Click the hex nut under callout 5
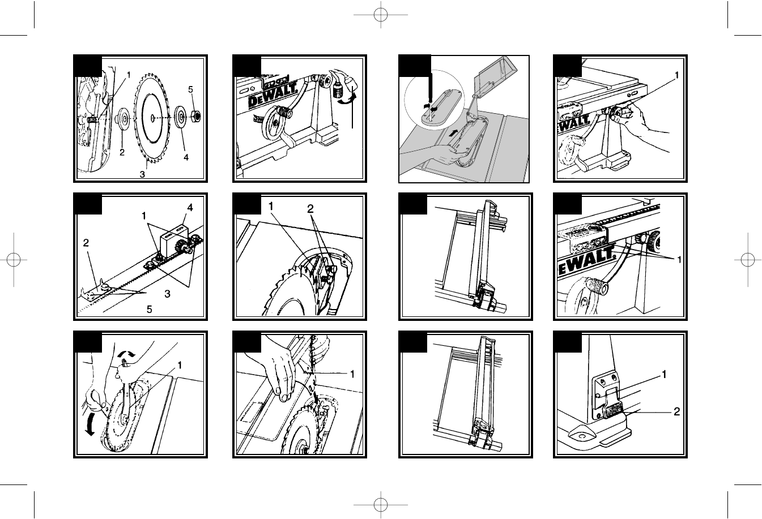195,117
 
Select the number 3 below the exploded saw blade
142,174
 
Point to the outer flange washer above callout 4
180,117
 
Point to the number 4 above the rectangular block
190,208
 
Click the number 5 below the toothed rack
150,309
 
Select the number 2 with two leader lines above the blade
310,209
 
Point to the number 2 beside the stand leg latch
676,412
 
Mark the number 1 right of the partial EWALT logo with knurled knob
679,260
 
